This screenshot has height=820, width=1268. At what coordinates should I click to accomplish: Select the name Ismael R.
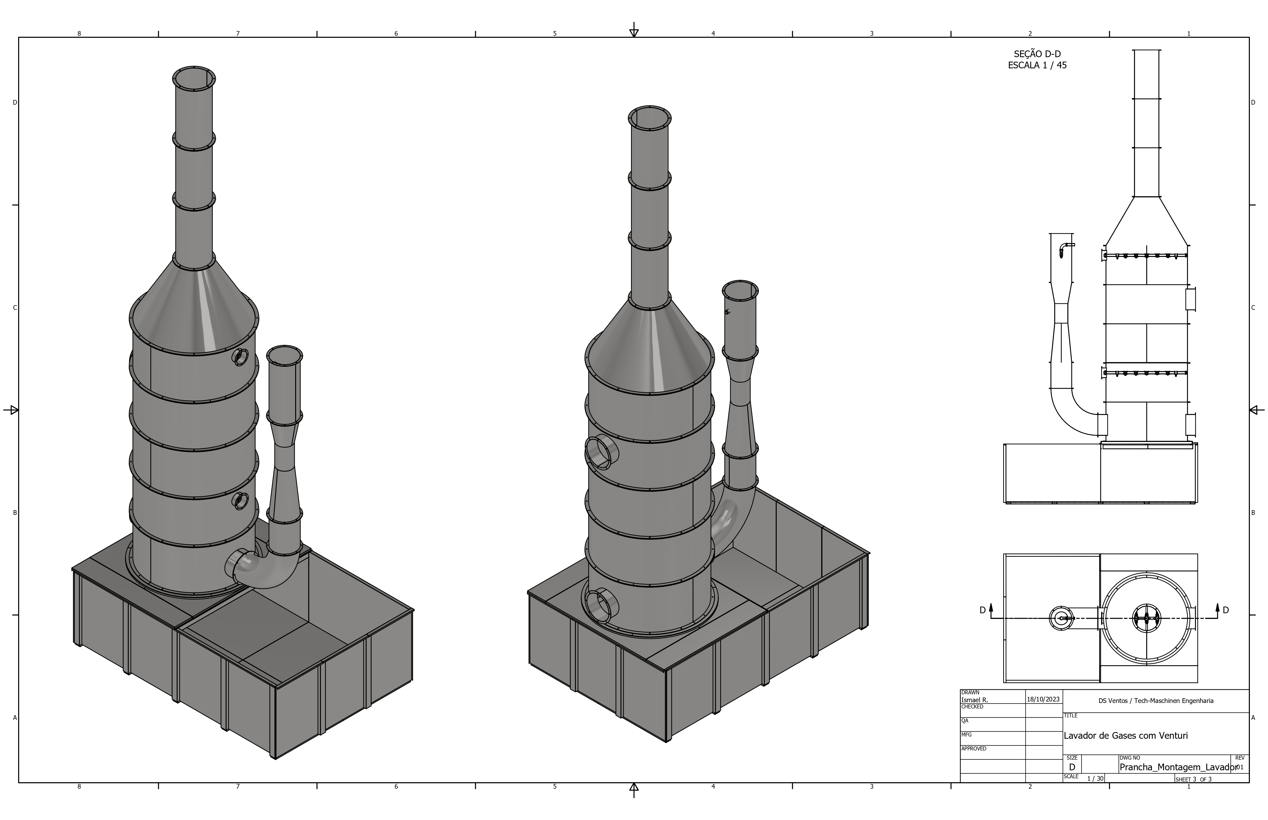click(974, 700)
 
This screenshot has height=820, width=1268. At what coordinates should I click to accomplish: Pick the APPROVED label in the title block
click(974, 749)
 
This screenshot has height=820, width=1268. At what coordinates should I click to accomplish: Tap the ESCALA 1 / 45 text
click(1037, 66)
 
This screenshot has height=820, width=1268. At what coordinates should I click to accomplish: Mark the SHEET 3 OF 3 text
click(1193, 779)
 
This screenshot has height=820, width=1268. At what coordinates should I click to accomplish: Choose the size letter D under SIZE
click(1072, 767)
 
